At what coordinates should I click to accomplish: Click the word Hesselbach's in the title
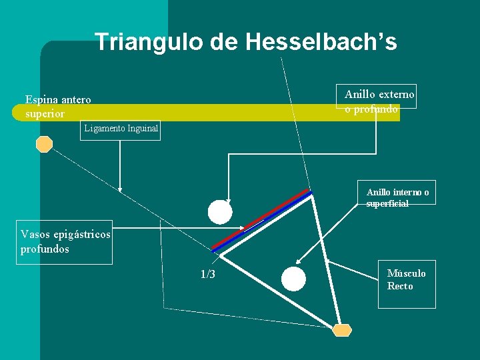point(321,43)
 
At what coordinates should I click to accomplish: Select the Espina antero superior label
point(58,107)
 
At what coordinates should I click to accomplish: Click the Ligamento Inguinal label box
point(121,129)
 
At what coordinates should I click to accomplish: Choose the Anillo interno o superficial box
point(397,197)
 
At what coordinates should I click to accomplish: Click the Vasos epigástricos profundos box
point(65,242)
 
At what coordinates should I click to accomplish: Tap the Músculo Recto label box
point(406,280)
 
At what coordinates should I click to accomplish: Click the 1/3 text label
point(208,275)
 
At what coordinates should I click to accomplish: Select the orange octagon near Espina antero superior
point(45,145)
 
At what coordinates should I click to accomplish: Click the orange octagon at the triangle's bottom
point(342,330)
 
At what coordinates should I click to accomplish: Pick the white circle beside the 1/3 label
point(293,279)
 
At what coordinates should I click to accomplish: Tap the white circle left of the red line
point(220,212)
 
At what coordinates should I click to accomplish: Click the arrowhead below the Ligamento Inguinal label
point(120,189)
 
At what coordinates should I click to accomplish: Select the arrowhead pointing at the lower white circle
point(299,263)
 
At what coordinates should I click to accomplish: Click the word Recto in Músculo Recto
point(400,286)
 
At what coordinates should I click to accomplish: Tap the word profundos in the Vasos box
point(45,249)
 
